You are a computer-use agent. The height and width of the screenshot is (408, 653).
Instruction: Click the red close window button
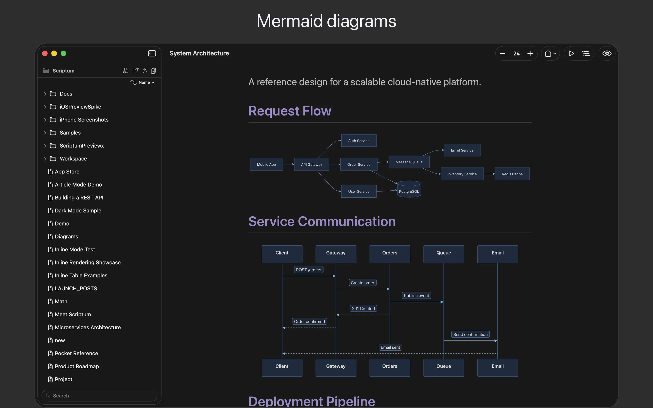coord(45,53)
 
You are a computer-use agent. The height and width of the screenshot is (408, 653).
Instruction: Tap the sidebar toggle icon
coord(152,53)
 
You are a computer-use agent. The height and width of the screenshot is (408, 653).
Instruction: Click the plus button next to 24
coord(530,53)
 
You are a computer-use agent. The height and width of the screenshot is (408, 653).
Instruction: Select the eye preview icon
coord(607,53)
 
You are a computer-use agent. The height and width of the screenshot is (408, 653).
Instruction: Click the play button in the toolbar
coord(571,53)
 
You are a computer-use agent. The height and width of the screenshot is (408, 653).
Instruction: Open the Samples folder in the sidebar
coord(70,133)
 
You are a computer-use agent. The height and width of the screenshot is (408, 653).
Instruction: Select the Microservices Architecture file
coord(88,327)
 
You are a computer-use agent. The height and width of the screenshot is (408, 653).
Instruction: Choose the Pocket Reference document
coord(76,353)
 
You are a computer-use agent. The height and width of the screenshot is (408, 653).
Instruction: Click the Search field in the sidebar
coord(99,396)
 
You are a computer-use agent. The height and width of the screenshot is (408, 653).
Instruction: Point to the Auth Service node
coord(359,141)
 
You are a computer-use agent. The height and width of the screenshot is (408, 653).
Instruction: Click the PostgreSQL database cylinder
coord(409,189)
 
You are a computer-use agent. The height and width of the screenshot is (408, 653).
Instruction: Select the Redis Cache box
coord(512,174)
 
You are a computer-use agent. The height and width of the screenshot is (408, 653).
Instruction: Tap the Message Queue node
coord(409,162)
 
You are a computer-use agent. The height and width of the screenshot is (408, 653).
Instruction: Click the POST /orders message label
coord(308,270)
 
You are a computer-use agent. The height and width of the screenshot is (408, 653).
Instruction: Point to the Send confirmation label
coord(470,334)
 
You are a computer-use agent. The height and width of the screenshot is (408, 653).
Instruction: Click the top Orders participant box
coord(390,254)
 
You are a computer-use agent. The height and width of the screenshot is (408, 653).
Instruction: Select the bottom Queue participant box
coord(443,367)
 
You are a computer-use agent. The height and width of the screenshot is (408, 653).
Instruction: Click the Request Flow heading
coord(290,111)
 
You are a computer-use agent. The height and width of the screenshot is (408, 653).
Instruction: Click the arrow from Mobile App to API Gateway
coord(288,164)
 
